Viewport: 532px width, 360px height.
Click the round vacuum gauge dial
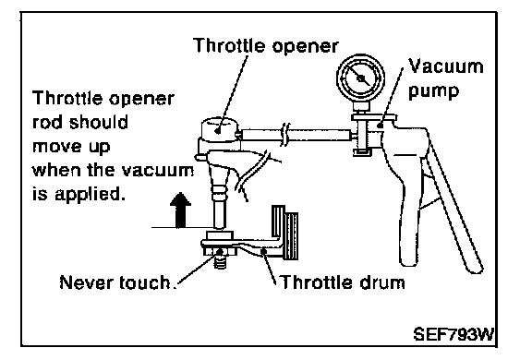coord(360,78)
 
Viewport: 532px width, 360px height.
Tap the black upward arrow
coord(180,210)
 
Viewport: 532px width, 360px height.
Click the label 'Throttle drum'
coord(343,282)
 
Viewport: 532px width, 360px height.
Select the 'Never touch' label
coord(115,282)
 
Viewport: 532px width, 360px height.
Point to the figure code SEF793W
coord(453,334)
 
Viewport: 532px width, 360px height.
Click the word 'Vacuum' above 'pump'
coord(445,66)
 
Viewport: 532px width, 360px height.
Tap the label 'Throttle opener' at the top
coord(266,45)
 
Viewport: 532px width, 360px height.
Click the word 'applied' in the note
coord(88,194)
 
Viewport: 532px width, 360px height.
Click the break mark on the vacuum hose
coord(285,135)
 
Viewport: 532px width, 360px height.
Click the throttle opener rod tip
coord(220,224)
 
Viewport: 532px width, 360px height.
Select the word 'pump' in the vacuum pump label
coord(433,91)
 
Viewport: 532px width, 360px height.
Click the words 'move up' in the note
coord(71,147)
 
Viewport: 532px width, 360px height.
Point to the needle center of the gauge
coord(360,78)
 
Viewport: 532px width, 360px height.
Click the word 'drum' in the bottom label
coord(382,282)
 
